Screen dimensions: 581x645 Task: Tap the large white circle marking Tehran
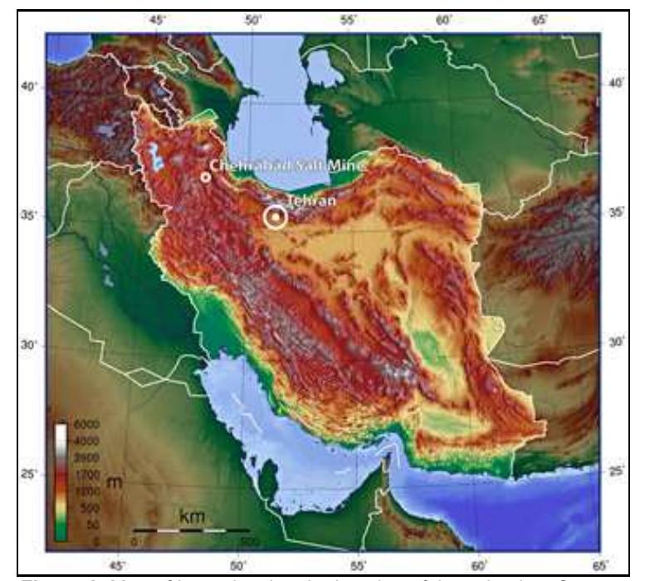click(275, 217)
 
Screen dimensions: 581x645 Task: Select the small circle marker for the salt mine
click(205, 177)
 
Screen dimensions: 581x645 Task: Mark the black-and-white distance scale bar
click(191, 529)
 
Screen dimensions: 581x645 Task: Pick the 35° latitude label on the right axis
click(616, 212)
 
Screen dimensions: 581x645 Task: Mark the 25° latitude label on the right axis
click(616, 471)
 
